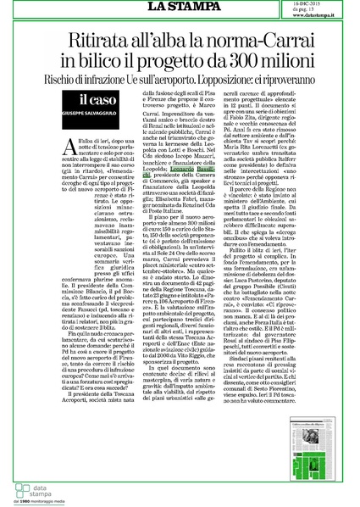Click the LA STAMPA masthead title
(x=180, y=8)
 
